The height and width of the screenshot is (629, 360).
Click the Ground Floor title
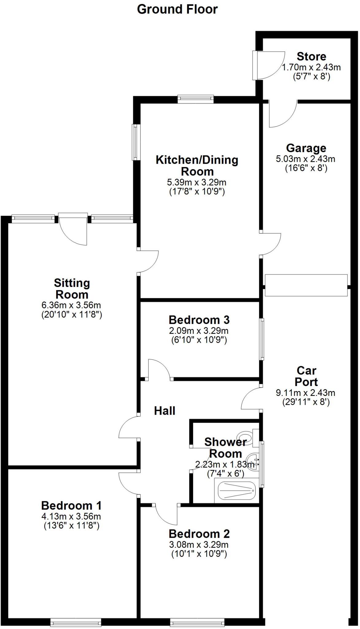[x=177, y=9]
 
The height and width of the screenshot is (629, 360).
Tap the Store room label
[x=311, y=57]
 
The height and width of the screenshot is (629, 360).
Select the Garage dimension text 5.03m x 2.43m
[x=306, y=159]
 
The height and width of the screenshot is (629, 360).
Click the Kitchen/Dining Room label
[x=197, y=166]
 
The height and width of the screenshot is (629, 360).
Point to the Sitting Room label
[x=72, y=289]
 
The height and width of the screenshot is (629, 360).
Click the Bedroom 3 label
[x=199, y=320]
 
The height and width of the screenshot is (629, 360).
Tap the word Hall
[x=165, y=411]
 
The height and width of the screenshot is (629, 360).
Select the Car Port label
[x=306, y=376]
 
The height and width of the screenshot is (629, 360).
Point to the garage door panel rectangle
[x=306, y=285]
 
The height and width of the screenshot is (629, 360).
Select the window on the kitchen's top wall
[x=195, y=99]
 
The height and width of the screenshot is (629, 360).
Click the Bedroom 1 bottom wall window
[x=76, y=623]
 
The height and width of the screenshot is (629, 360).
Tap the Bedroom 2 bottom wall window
[x=197, y=623]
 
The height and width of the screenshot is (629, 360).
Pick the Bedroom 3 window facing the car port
[x=262, y=339]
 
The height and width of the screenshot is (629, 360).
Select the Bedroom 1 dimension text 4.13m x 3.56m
[x=71, y=517]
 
